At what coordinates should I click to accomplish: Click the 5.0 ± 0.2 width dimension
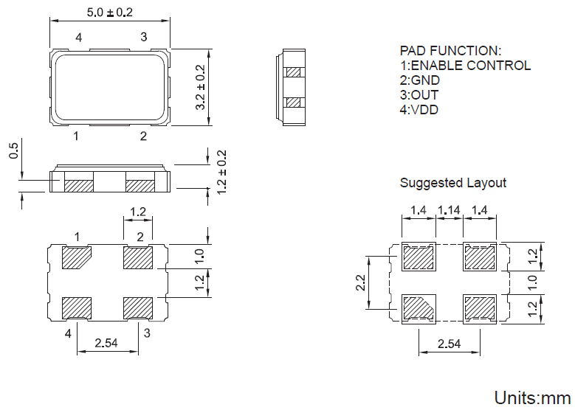(110, 13)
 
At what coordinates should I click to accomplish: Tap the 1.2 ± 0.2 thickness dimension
(221, 172)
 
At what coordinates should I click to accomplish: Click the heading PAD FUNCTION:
(450, 51)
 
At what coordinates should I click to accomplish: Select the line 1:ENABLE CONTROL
(465, 66)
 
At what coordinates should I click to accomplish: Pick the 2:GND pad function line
(420, 80)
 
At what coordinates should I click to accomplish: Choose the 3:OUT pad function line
(419, 95)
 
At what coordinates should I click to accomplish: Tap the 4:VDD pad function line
(419, 110)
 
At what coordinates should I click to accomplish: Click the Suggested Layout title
(453, 183)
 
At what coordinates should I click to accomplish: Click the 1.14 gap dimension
(449, 211)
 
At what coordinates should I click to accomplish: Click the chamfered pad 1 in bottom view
(77, 259)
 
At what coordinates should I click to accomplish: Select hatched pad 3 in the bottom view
(138, 307)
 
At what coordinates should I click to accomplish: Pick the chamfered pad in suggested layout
(419, 306)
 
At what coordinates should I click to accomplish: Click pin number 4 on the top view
(78, 37)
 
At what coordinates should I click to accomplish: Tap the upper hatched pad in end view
(294, 72)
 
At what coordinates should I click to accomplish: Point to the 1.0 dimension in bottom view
(199, 256)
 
